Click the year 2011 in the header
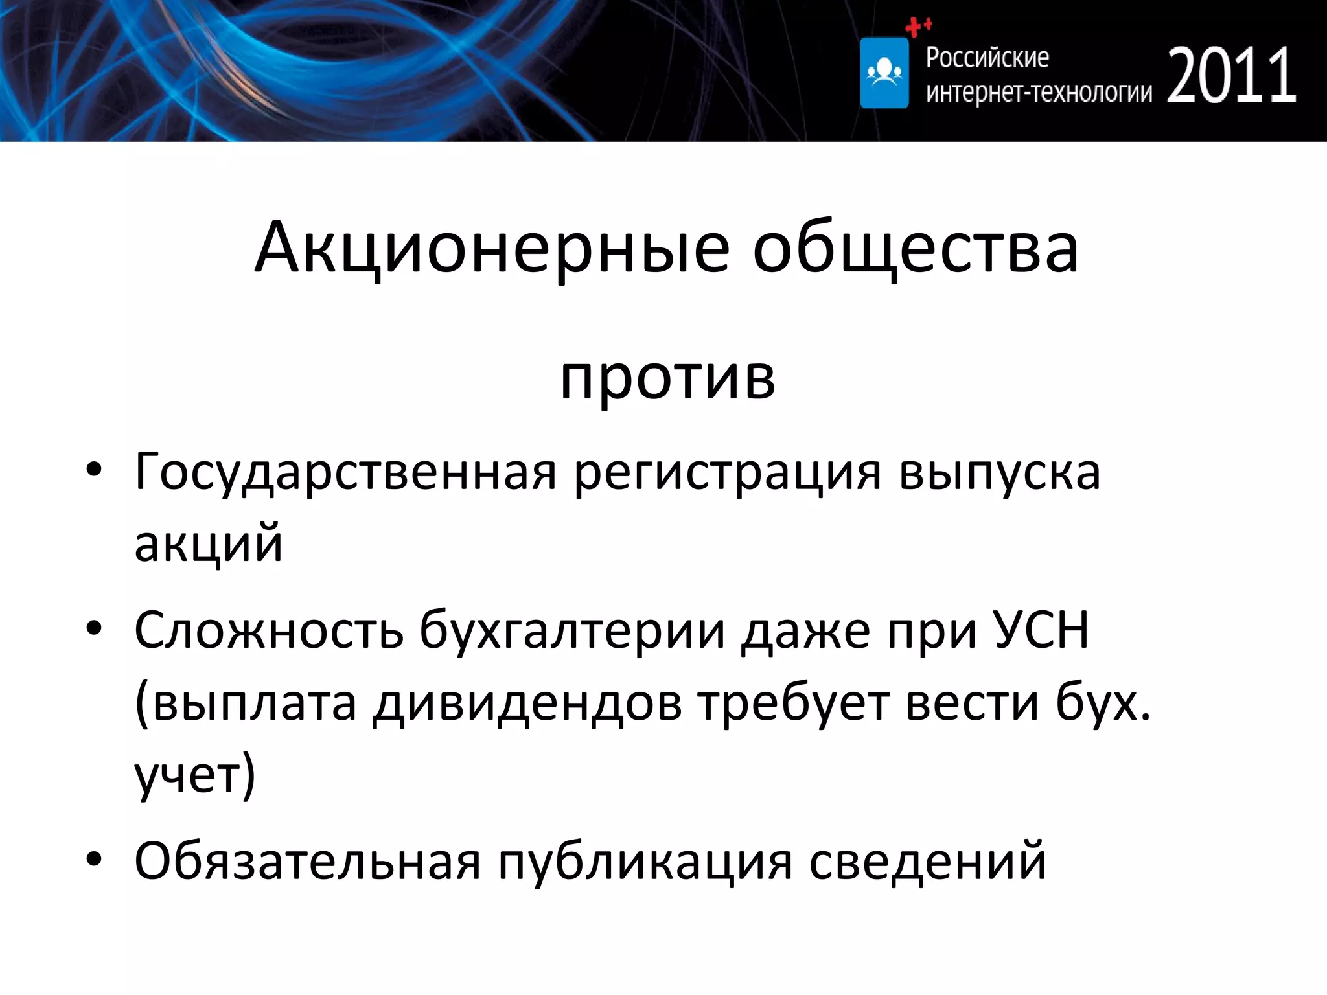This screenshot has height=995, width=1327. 1231,76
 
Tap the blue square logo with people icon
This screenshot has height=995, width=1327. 884,73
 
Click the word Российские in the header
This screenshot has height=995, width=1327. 987,58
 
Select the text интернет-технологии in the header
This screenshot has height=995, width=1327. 1039,93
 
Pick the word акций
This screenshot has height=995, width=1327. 208,543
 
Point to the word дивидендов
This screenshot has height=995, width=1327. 527,703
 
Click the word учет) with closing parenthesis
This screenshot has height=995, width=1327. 195,774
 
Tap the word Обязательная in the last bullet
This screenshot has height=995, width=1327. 308,862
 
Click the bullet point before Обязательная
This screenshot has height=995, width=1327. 94,860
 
